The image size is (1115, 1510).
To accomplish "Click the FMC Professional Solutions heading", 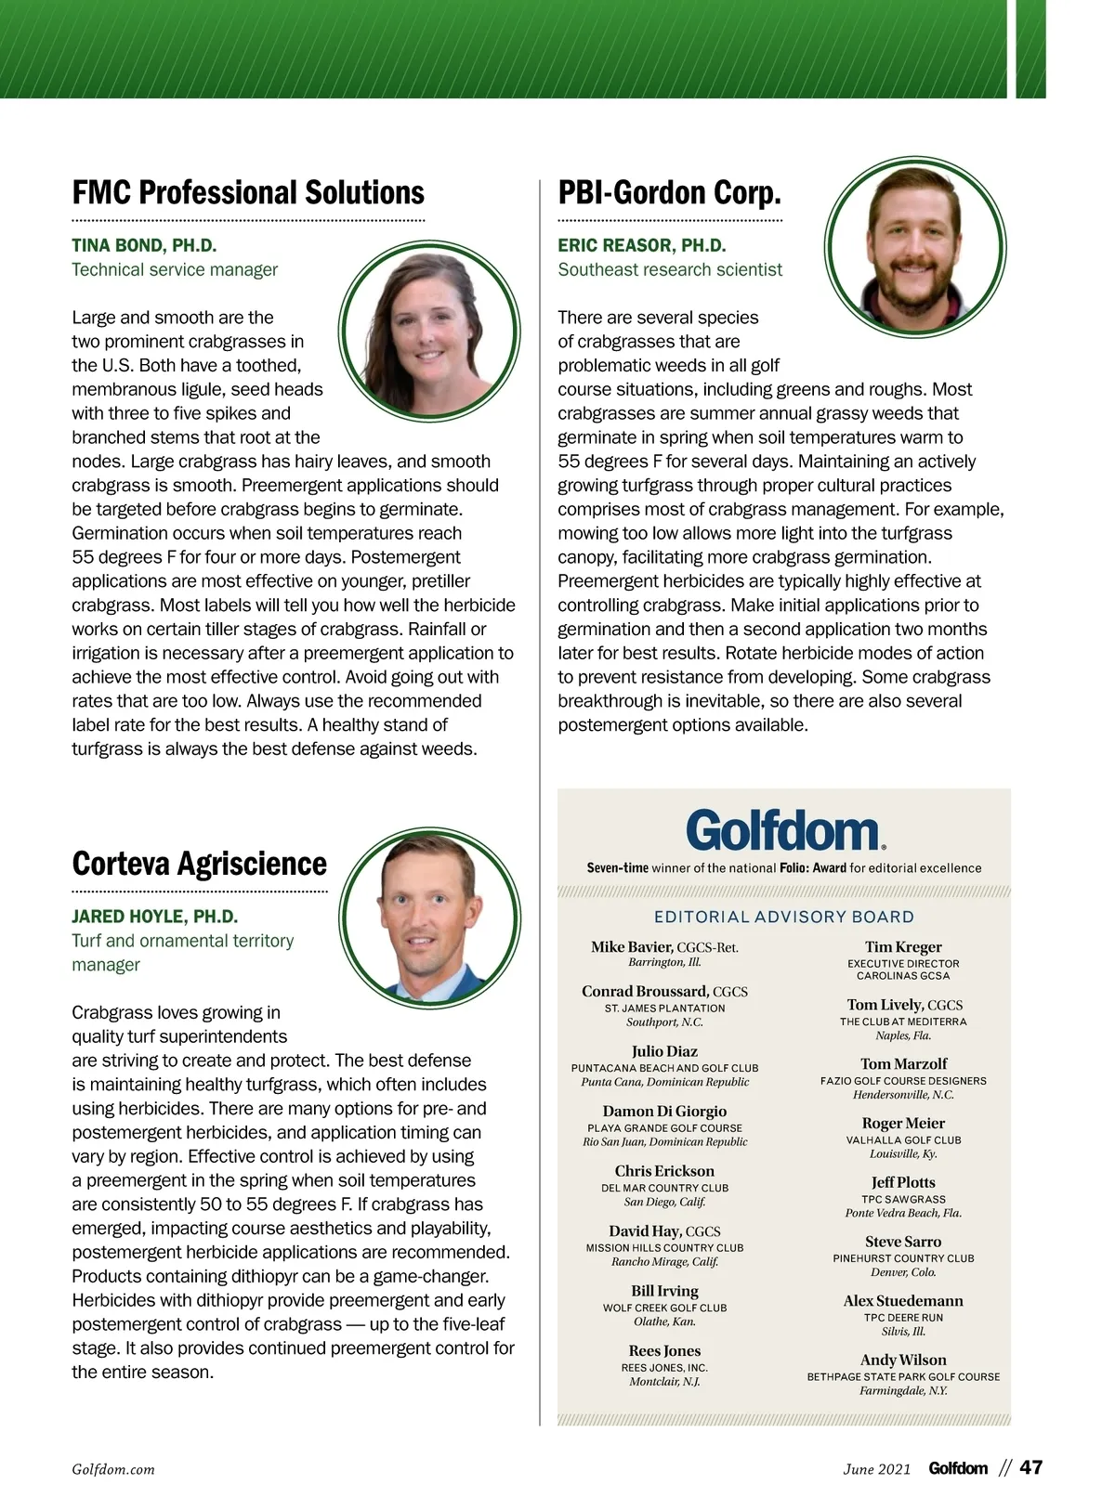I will point(248,193).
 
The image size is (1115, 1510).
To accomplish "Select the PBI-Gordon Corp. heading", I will point(669,193).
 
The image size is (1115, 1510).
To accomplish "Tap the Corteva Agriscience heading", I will point(199,864).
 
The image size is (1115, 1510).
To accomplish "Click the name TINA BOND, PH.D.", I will point(144,246).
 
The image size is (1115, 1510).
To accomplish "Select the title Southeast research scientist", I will point(670,270).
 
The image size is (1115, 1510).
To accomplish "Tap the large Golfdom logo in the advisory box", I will point(784,830).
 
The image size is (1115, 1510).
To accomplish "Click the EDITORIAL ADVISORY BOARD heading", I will point(784,918).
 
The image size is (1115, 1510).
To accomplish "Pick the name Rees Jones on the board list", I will point(664,1351).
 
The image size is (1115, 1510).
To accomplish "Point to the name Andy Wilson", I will point(903,1360).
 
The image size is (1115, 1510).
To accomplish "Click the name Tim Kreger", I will point(903,947).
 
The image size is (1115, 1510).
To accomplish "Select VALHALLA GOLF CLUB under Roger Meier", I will point(903,1140).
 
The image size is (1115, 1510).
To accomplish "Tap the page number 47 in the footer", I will point(1031,1468).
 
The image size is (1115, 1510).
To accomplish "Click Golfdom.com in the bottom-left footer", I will point(113,1470).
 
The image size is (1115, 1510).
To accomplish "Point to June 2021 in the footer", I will point(876,1470).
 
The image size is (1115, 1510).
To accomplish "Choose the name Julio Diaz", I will point(664,1052).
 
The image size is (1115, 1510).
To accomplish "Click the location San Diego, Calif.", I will point(664,1203).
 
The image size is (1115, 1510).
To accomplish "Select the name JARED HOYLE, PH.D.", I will point(154,917).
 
